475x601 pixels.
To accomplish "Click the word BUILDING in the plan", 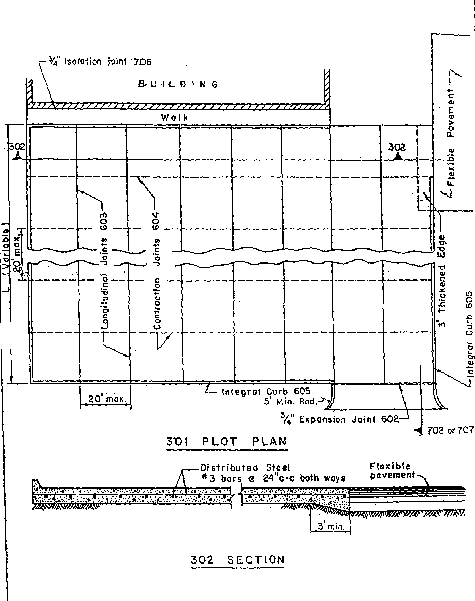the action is [178, 84].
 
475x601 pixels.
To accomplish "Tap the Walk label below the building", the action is [175, 118].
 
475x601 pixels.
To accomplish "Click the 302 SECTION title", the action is [238, 560].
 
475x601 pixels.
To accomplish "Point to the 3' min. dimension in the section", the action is [330, 527].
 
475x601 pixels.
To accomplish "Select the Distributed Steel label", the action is [245, 468].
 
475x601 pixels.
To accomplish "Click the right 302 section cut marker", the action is [397, 151].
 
